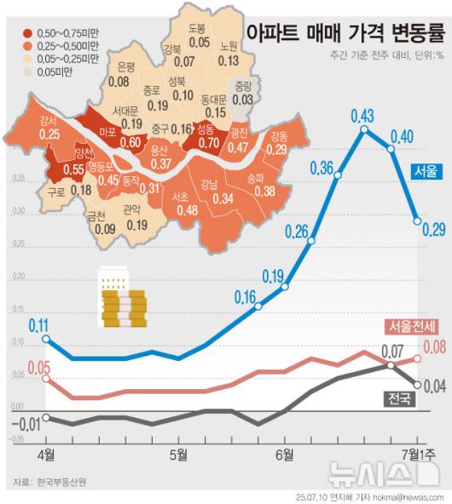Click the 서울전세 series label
pyautogui.click(x=411, y=326)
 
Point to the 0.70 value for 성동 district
pyautogui.click(x=208, y=142)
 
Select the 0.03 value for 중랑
pyautogui.click(x=242, y=100)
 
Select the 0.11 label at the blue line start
pyautogui.click(x=38, y=324)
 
